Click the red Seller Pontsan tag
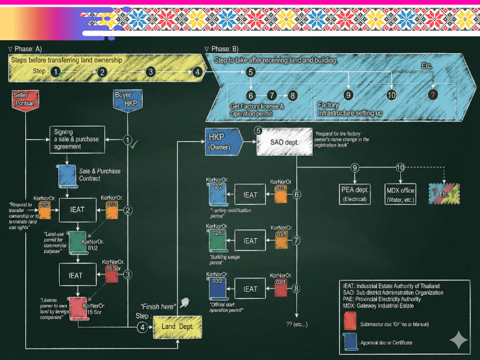pyautogui.click(x=25, y=101)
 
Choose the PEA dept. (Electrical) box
pyautogui.click(x=354, y=194)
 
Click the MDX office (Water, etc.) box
pyautogui.click(x=400, y=194)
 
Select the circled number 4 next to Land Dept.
pyautogui.click(x=142, y=327)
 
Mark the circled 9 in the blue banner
pyautogui.click(x=348, y=95)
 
